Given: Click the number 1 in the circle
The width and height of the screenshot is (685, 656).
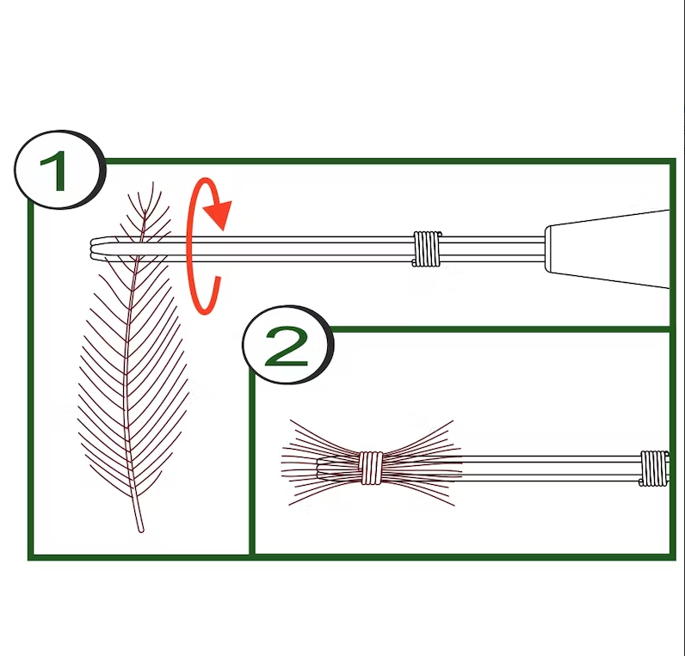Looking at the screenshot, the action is point(55,170).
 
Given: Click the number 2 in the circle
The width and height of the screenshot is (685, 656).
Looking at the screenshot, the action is point(287,347).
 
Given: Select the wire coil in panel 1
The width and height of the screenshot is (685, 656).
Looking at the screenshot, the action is point(427,248).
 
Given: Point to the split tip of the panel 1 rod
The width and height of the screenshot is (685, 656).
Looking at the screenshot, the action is point(94,248).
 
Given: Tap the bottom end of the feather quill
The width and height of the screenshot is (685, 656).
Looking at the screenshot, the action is point(140,530).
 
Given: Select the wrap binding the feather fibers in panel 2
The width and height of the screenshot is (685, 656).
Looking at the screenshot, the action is point(370,468).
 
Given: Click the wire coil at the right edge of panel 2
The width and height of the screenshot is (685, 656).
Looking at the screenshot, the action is point(654,468).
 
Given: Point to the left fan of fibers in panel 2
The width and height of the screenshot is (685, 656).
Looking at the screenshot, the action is point(321,463).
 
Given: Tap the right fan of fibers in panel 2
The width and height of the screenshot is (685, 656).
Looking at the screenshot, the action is point(422,463).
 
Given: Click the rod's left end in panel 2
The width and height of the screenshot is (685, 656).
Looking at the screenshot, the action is point(319,469).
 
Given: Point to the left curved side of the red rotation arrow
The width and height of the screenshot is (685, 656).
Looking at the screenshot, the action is point(189,247).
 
